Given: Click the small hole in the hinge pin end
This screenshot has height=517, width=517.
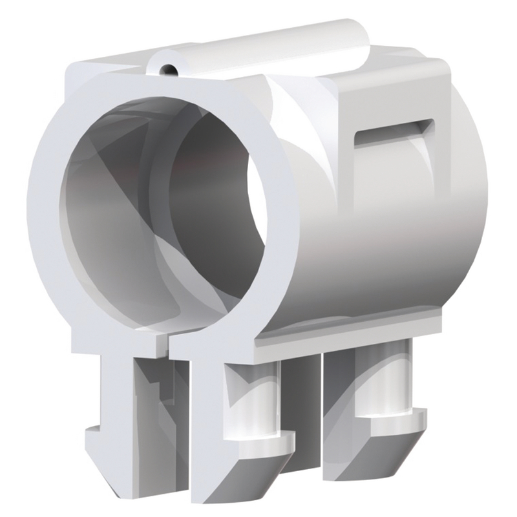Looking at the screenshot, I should [169, 67].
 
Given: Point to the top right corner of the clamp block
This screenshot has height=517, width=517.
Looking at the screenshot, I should [446, 65].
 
